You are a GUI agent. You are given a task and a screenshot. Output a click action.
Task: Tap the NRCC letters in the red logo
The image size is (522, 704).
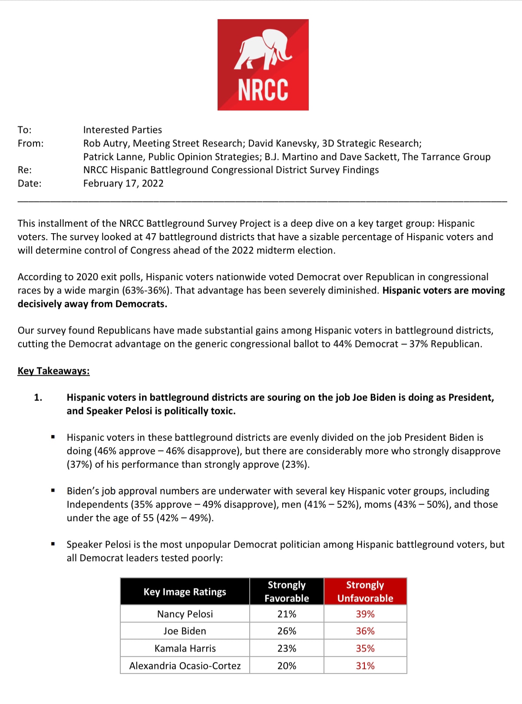[x=263, y=90]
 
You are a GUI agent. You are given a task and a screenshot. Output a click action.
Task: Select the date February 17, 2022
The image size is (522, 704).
[x=123, y=183]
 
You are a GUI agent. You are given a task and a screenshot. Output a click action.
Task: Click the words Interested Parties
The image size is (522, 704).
[x=122, y=130]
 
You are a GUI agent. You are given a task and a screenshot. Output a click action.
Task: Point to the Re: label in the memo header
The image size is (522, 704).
[x=25, y=170]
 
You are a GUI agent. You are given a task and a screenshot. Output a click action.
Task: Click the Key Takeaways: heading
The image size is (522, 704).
[x=53, y=371]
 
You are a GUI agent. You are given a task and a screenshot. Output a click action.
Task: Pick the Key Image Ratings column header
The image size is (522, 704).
[x=185, y=592]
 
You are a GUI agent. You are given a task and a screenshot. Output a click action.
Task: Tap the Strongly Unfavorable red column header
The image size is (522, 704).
[x=365, y=592]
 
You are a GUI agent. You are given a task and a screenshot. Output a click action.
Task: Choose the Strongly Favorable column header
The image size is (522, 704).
[x=287, y=592]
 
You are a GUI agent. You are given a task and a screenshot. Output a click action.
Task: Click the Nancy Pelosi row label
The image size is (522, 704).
[x=185, y=614]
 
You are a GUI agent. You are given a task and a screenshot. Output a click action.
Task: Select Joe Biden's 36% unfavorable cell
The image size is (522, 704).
[x=365, y=631]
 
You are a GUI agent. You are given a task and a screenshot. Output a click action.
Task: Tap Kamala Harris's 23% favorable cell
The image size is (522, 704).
[x=287, y=648]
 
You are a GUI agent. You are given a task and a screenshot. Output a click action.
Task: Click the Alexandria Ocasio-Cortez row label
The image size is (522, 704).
[x=185, y=666]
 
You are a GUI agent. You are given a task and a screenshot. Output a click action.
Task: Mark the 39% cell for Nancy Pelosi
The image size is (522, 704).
[x=365, y=614]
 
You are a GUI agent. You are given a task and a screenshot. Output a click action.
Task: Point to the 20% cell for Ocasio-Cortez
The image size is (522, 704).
[x=287, y=666]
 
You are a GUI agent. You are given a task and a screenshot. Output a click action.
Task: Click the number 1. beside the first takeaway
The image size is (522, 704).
[x=38, y=397]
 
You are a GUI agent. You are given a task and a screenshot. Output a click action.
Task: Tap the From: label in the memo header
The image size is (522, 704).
[x=30, y=143]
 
